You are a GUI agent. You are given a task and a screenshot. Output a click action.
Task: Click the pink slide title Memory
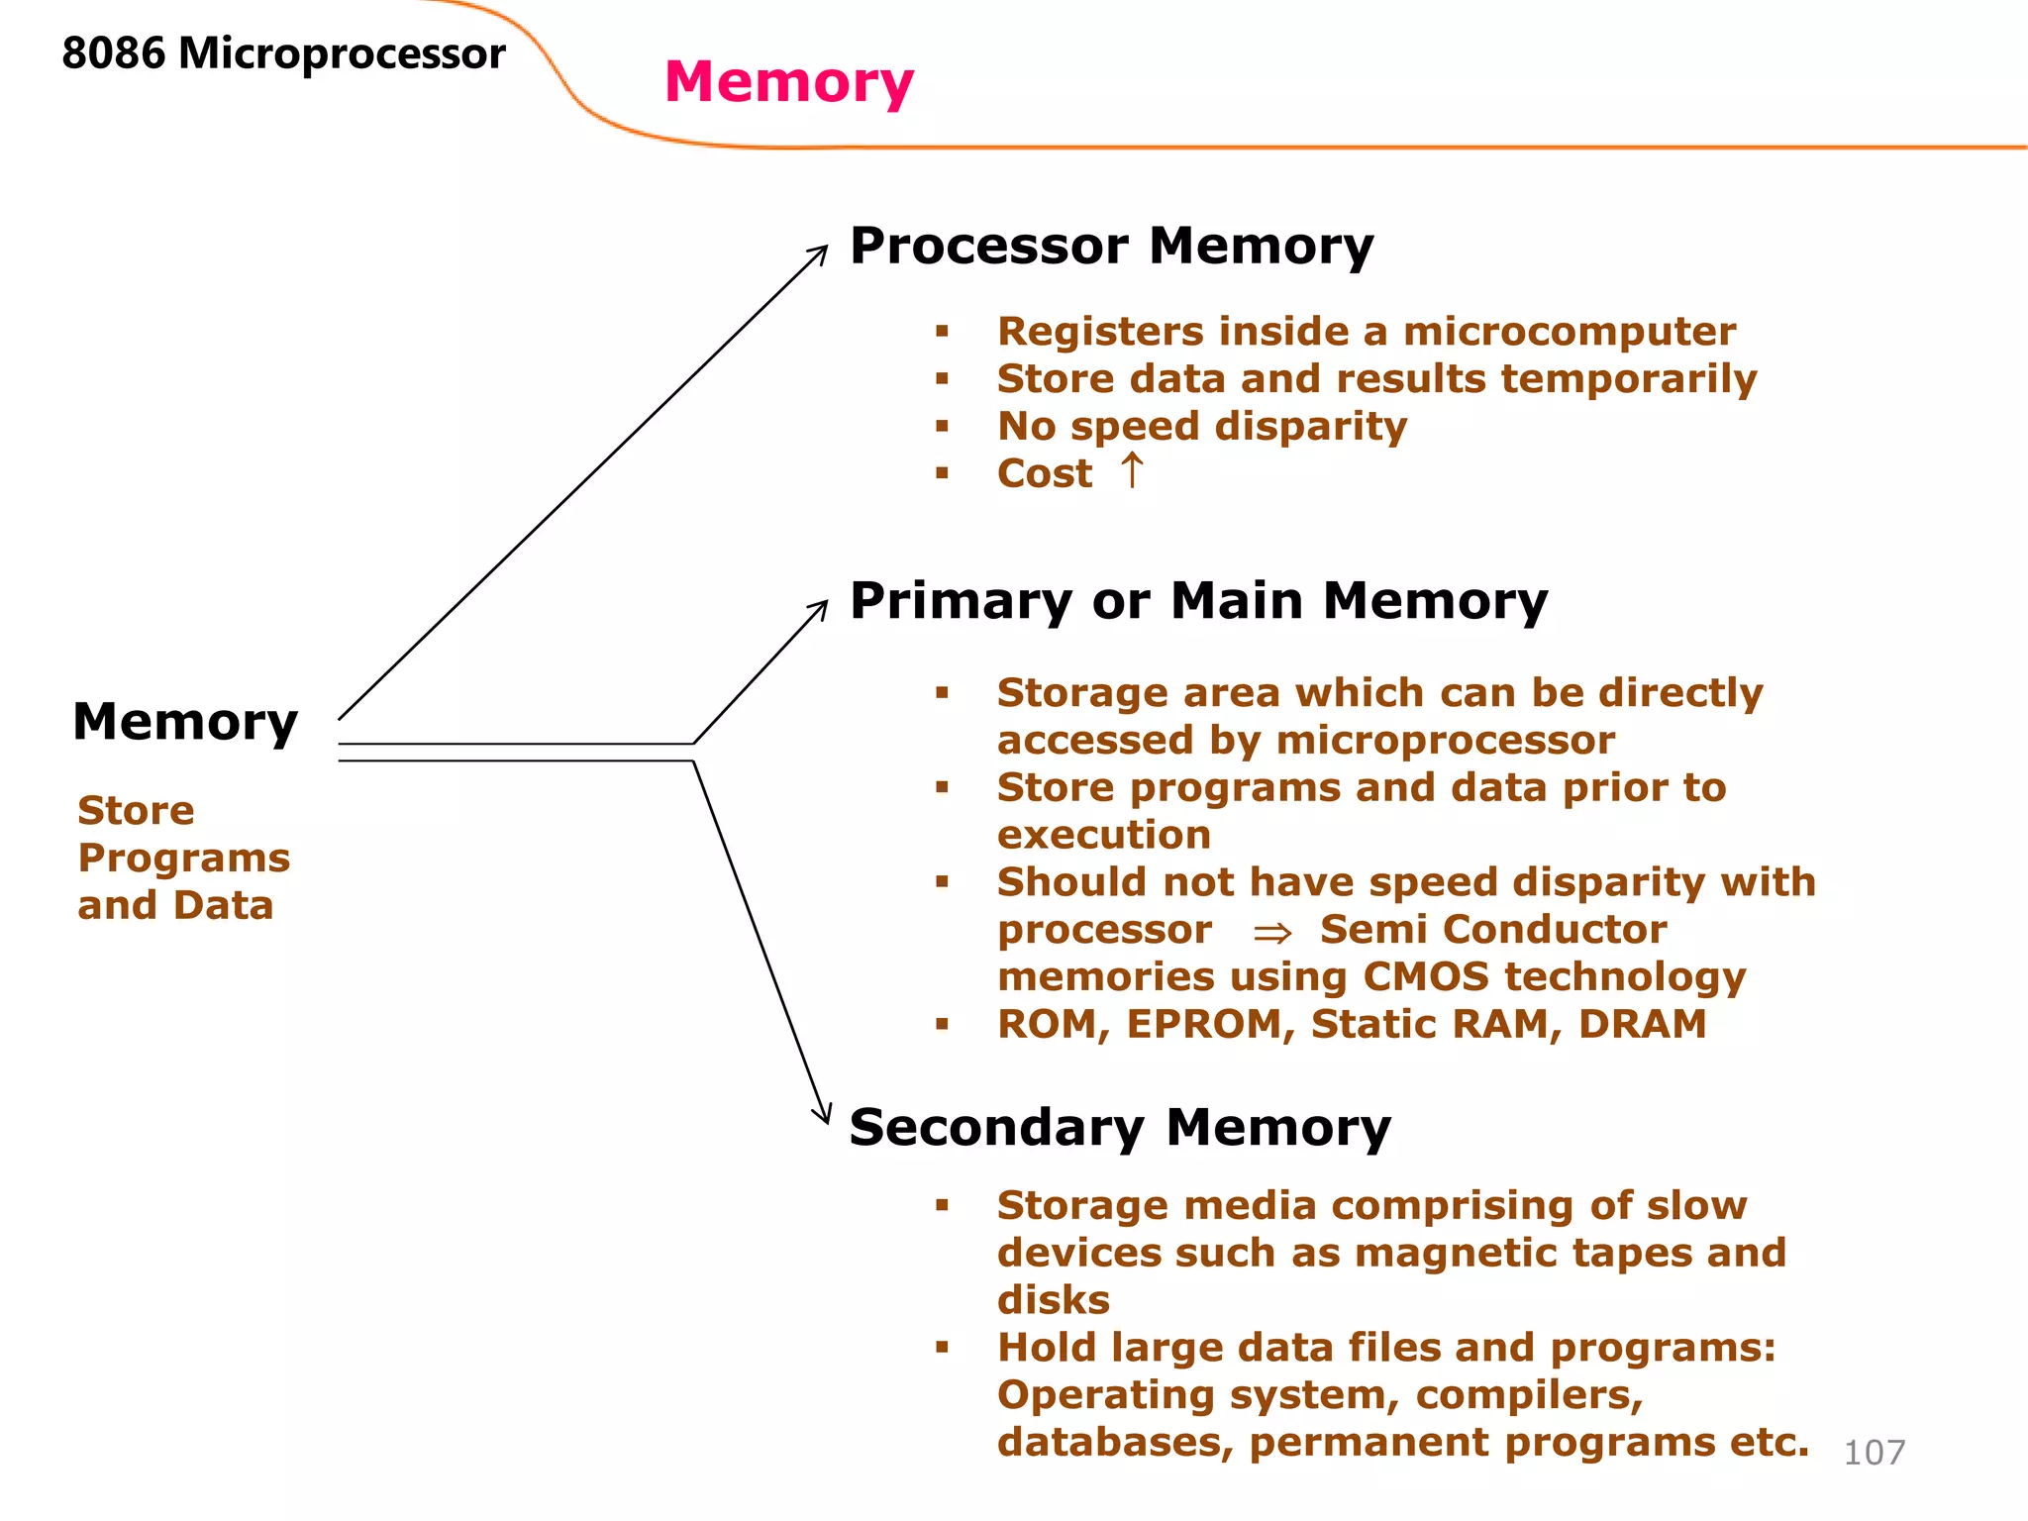tap(788, 82)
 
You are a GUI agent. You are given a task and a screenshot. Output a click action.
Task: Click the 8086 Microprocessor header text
tap(283, 53)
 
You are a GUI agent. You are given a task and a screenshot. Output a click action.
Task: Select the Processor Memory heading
tap(1111, 246)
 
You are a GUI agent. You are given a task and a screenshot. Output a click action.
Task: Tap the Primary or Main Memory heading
tap(1198, 601)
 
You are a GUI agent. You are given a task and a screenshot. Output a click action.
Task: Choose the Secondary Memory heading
tap(1119, 1128)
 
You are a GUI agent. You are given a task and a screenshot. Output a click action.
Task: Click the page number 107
tap(1874, 1453)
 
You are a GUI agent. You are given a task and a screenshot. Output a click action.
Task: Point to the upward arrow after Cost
tap(1132, 471)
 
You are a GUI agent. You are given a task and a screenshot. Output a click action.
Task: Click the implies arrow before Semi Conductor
tap(1271, 933)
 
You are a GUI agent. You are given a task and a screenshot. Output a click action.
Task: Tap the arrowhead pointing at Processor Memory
tap(821, 252)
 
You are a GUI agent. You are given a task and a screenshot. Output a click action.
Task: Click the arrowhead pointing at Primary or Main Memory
tap(821, 606)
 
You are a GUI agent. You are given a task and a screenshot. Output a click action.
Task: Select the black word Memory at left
tap(185, 722)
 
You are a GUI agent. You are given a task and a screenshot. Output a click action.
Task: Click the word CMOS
tap(1425, 977)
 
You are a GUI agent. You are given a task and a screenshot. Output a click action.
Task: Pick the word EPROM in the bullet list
tap(1210, 1025)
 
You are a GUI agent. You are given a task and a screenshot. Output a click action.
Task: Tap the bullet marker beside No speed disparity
tap(942, 427)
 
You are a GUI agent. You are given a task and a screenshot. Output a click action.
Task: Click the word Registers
tap(1100, 332)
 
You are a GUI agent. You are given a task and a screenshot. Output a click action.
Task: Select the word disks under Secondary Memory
tap(1053, 1300)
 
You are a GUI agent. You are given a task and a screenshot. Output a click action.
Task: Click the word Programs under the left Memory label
tap(183, 859)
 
